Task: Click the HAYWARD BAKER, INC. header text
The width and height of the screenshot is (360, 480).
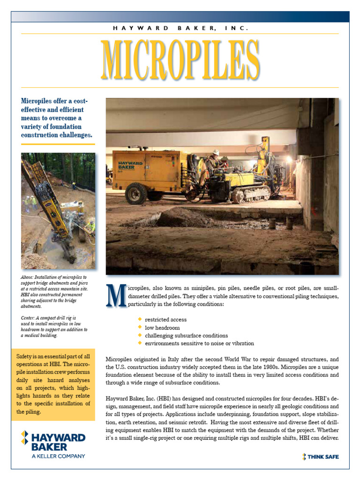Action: coord(180,28)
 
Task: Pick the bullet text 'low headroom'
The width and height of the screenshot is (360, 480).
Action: coord(162,328)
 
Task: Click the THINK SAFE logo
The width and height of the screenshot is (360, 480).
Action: coord(321,457)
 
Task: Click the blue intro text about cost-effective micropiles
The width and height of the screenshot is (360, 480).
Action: coord(56,118)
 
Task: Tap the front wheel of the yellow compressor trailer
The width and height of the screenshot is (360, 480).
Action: coord(135,193)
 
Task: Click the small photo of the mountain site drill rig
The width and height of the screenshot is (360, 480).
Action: coord(58,211)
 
